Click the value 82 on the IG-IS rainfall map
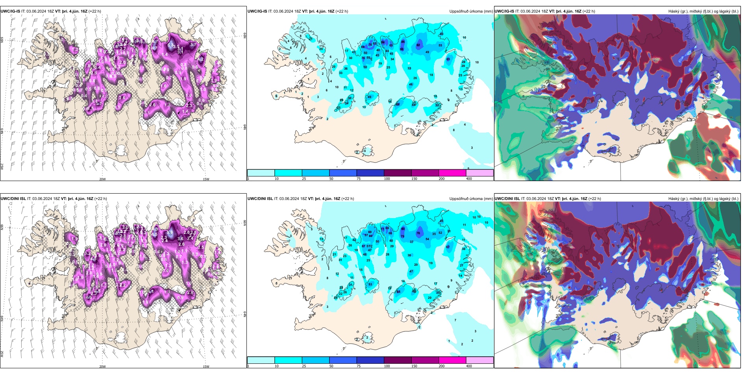(418, 45)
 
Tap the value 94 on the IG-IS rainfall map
(383, 42)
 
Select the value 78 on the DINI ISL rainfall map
(418, 233)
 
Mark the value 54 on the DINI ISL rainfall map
(427, 239)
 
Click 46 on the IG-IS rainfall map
(411, 85)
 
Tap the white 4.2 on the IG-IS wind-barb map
(201, 59)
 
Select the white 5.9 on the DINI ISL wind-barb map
(170, 233)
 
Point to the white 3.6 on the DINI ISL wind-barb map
(180, 239)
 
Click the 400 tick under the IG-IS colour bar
(469, 179)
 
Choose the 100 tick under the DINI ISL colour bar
(387, 366)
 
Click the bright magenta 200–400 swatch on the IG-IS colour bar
(452, 173)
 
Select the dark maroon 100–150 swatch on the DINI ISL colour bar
(398, 360)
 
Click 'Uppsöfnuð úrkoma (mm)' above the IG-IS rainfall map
(471, 11)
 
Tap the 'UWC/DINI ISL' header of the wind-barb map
(13, 199)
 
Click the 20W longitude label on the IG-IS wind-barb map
(102, 179)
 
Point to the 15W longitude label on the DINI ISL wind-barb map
(206, 367)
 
